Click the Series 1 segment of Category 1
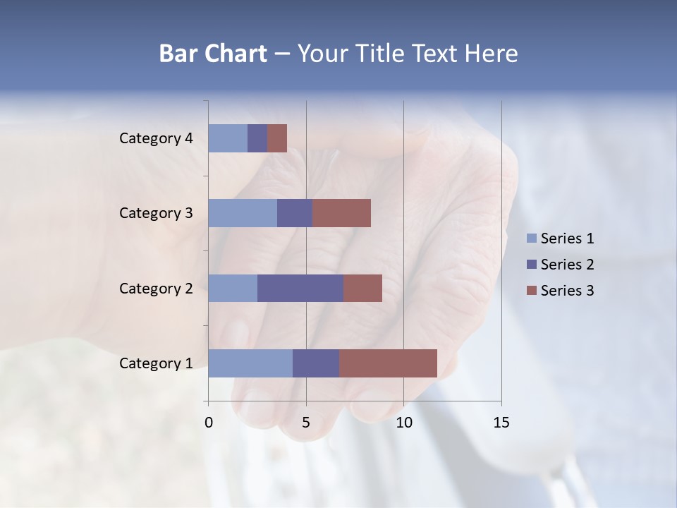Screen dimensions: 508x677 tap(250, 363)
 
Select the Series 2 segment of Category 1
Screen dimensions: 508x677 tap(316, 363)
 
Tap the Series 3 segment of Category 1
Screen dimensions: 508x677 tap(388, 363)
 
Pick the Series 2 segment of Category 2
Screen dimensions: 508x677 tap(300, 288)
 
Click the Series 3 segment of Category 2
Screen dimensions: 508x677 tap(362, 288)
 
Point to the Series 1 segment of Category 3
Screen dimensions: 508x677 tap(243, 213)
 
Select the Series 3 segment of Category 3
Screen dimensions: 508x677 tap(341, 213)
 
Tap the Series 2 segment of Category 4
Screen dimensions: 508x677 tap(257, 138)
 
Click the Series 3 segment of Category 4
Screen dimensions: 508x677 tap(277, 138)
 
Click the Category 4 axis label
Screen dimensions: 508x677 tap(156, 138)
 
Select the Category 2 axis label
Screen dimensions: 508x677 tap(156, 288)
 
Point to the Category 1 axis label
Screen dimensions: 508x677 tap(156, 363)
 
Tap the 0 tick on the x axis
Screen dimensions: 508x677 tap(209, 423)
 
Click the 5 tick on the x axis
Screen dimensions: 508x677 tap(306, 423)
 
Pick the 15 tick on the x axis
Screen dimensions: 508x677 tap(501, 423)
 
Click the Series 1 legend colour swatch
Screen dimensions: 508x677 tap(531, 238)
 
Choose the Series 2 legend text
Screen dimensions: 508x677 tap(567, 265)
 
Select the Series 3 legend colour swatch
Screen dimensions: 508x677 tap(531, 291)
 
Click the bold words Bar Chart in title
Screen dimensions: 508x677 tap(213, 54)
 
